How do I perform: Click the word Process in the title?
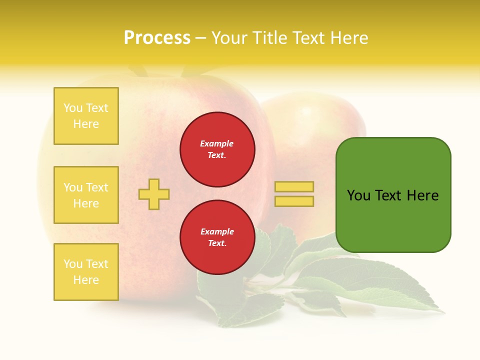click(157, 37)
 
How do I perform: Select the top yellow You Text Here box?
click(86, 116)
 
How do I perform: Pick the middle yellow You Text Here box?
click(86, 195)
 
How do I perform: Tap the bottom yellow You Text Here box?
click(86, 272)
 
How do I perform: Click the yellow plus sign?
click(154, 194)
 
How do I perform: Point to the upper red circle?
click(217, 149)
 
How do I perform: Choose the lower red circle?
click(217, 237)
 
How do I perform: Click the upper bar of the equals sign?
click(294, 187)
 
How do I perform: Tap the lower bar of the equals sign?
click(294, 201)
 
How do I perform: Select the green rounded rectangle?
click(393, 195)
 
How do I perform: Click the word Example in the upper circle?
click(216, 143)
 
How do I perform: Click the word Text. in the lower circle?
click(217, 243)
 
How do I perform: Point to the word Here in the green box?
click(422, 195)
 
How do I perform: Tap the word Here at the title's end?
click(349, 38)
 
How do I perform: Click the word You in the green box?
click(358, 195)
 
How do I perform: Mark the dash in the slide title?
click(200, 38)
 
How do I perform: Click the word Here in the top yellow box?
click(86, 124)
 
